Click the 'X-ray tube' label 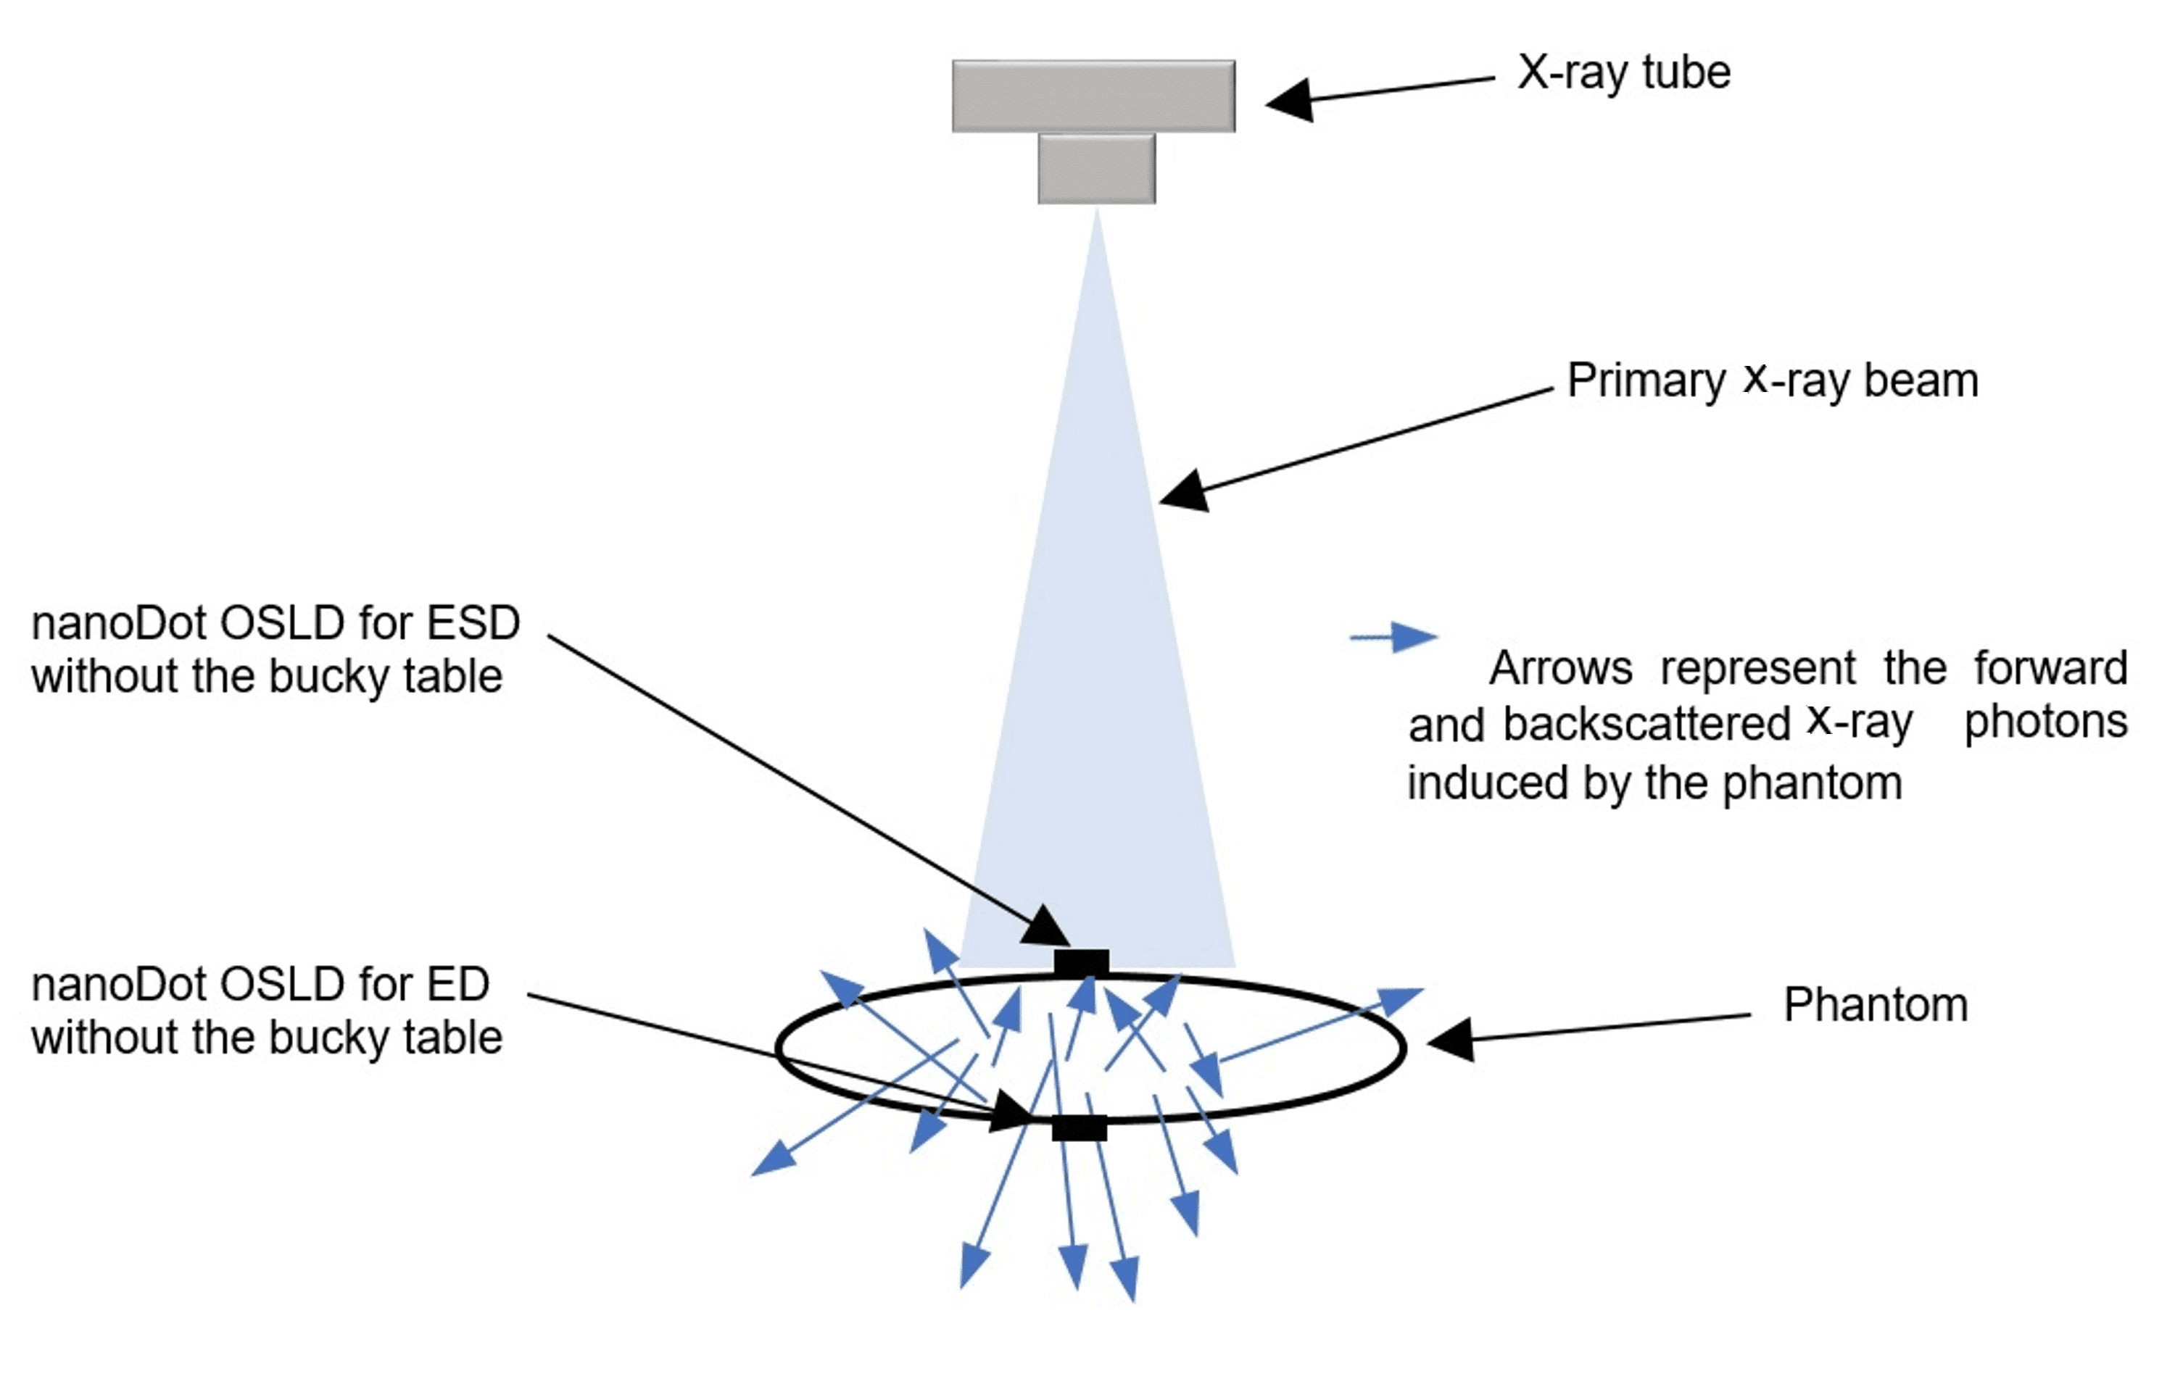(x=1623, y=72)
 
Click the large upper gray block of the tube (x=1093, y=96)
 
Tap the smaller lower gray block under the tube (x=1095, y=169)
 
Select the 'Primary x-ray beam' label (x=1772, y=380)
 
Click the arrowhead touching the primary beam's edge (x=1184, y=491)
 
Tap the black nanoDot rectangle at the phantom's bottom (x=1079, y=1127)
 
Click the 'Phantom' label (x=1875, y=1005)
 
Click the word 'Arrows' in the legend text (x=1560, y=669)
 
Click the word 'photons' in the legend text (x=2046, y=722)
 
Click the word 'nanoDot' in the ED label (x=119, y=984)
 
